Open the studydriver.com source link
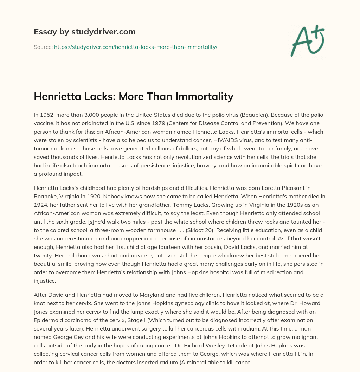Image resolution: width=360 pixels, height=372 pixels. coord(136,47)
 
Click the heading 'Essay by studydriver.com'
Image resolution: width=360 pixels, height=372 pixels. coord(85,32)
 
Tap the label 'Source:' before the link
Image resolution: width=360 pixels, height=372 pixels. coord(43,47)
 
